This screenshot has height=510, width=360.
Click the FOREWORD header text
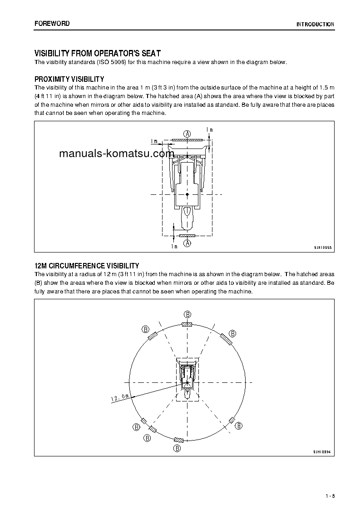coord(52,24)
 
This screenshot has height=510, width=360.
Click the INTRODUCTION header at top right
coord(315,25)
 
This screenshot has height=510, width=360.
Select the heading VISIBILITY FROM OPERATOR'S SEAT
coord(98,54)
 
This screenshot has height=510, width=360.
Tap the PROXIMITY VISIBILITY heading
coord(69,79)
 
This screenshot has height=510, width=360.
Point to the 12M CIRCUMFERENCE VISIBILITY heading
coord(87,266)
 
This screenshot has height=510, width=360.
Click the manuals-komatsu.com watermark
coord(117,153)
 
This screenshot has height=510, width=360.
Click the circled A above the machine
coord(187,133)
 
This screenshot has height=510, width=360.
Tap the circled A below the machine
coord(187,243)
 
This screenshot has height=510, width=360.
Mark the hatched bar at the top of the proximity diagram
coord(187,140)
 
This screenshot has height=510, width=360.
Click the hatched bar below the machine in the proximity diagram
coord(187,236)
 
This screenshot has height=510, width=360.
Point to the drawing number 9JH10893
coord(323,248)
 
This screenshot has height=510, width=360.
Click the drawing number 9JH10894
coord(322,452)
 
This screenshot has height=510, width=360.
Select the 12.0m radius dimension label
coord(120,398)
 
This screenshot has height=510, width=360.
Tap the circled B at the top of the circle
coord(187,314)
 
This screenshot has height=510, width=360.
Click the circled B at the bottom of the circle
coord(177,448)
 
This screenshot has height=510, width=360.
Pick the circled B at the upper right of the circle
coord(232,333)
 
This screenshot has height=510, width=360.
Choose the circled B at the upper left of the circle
coord(145,329)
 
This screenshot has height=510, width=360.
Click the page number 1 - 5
coord(330,495)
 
